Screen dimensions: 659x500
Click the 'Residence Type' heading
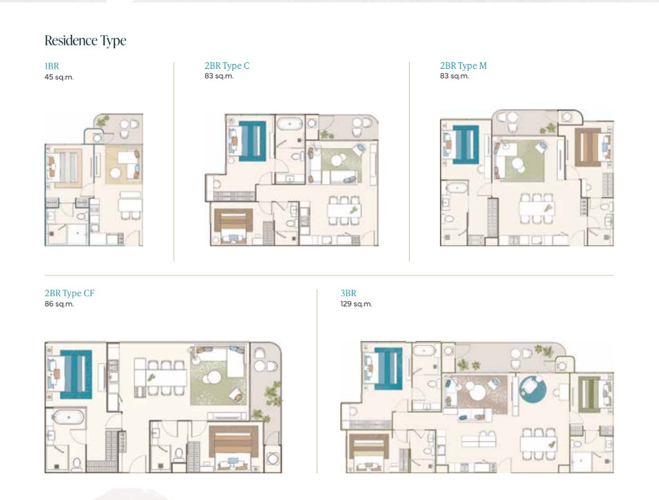click(x=85, y=41)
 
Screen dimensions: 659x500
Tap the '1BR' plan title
click(x=52, y=66)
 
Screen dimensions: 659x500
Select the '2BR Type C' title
click(x=227, y=65)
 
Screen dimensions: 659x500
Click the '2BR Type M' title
click(x=463, y=65)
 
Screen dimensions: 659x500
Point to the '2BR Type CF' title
click(x=70, y=293)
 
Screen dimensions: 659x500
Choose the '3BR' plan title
click(x=348, y=293)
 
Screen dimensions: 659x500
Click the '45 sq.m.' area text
click(x=59, y=77)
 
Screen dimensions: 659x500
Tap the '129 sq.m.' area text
click(x=357, y=304)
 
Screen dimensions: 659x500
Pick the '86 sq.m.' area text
click(x=59, y=304)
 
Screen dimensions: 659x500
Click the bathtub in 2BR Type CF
click(x=67, y=417)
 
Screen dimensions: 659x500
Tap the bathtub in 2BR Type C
click(x=290, y=125)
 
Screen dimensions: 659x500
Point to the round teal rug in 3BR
click(x=533, y=389)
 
